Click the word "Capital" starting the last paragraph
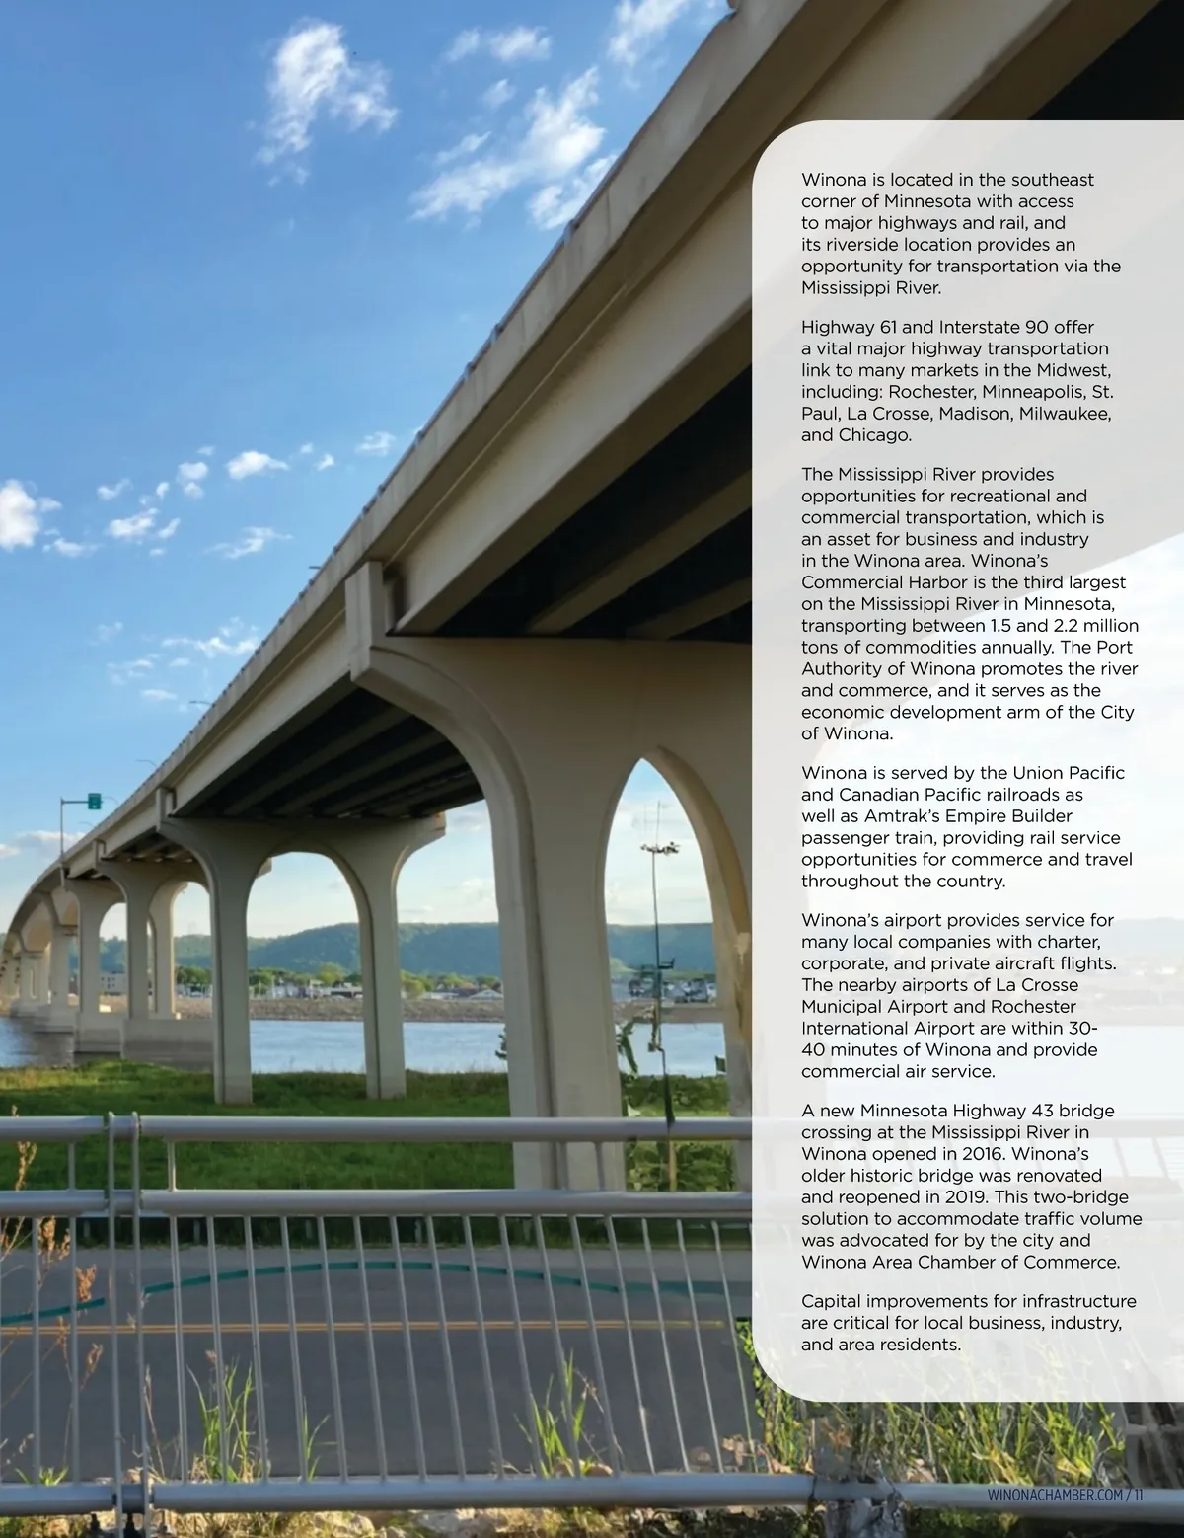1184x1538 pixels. point(830,1301)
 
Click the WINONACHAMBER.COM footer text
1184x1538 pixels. point(1054,1496)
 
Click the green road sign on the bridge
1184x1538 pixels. point(94,800)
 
